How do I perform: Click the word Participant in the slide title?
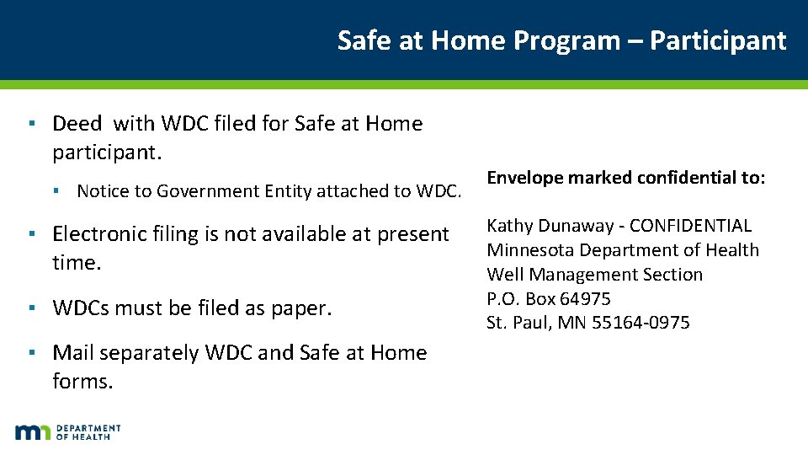click(x=718, y=40)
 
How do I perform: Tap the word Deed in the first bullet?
click(x=77, y=124)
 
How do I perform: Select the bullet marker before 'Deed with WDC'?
click(x=30, y=124)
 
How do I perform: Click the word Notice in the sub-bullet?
click(x=100, y=191)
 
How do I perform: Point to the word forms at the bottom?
click(x=82, y=382)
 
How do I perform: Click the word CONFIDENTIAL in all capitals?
click(x=690, y=226)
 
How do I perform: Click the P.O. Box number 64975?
click(x=585, y=299)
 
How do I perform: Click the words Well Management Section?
click(x=594, y=275)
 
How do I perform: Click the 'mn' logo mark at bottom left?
click(x=32, y=432)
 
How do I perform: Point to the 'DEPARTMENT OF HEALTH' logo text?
click(x=88, y=432)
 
